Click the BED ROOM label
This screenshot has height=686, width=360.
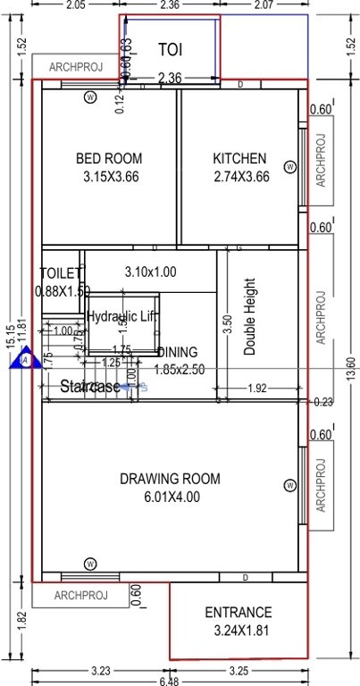tap(109, 159)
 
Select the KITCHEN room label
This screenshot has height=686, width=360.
tap(239, 159)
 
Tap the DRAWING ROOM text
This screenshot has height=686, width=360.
tap(170, 480)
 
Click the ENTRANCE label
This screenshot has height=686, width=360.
tap(238, 613)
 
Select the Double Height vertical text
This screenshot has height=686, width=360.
tap(249, 317)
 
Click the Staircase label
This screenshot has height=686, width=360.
tap(90, 387)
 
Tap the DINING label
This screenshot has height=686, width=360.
tap(177, 352)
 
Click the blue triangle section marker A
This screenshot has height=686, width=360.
tap(26, 359)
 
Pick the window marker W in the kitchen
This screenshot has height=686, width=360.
tap(289, 167)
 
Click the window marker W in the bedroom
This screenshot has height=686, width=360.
tap(89, 96)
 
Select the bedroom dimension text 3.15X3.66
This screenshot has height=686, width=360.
tap(109, 177)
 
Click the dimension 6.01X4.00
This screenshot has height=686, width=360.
tap(170, 497)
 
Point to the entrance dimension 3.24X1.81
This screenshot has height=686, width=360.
tap(238, 631)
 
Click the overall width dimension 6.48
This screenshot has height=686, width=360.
tap(170, 680)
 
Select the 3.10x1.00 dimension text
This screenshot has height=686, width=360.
tap(150, 272)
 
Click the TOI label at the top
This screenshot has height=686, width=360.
tap(171, 49)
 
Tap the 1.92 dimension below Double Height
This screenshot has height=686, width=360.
tap(256, 389)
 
